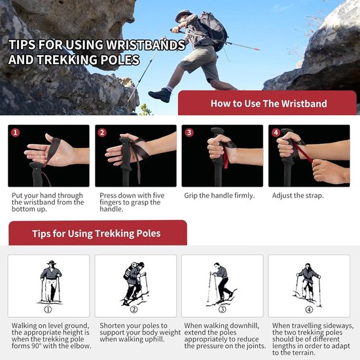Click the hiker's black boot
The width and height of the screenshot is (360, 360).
coord(160,94)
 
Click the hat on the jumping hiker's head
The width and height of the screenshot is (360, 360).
coord(183,15)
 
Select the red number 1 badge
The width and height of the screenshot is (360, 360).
coord(16,132)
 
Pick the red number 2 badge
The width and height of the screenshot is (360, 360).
coord(102,132)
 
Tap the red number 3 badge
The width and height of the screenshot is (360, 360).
coord(189,132)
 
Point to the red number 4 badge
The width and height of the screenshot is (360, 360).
coord(276,132)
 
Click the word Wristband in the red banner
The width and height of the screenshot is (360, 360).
coord(304,103)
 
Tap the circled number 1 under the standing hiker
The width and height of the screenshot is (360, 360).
coord(48,310)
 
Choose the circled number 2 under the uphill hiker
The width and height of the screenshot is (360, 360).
coord(134,310)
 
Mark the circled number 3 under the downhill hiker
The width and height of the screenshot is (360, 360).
coord(222,310)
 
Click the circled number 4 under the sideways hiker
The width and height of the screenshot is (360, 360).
coord(309,310)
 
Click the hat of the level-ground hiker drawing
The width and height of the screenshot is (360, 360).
coord(51,262)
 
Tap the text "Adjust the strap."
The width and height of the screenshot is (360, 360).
coord(298,196)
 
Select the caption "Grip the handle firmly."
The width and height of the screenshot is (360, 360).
coord(219,196)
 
